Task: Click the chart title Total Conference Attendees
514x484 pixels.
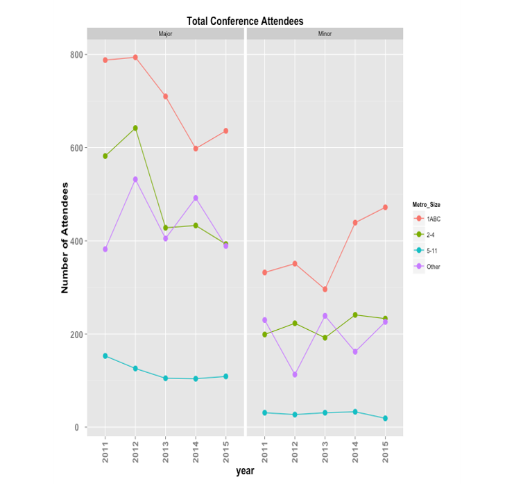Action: click(244, 22)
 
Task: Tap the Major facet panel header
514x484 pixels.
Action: click(165, 34)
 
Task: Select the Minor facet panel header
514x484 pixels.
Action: click(325, 34)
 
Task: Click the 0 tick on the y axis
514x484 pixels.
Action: click(77, 428)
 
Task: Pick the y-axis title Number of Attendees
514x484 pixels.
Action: click(65, 238)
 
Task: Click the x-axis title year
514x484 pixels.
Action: click(245, 472)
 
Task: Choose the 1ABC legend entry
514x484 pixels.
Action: click(434, 219)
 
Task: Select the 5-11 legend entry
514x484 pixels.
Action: click(434, 251)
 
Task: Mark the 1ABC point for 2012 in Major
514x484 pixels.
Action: click(135, 58)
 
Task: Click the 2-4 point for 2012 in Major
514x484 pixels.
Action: click(135, 128)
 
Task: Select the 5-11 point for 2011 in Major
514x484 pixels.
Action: click(105, 356)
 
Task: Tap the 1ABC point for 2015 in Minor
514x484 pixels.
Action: click(385, 208)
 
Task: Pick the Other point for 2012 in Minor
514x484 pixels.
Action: click(295, 374)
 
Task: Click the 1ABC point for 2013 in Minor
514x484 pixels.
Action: click(325, 290)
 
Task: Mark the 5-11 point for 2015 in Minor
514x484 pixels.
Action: click(385, 419)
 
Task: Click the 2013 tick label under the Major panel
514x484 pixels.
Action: click(165, 449)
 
